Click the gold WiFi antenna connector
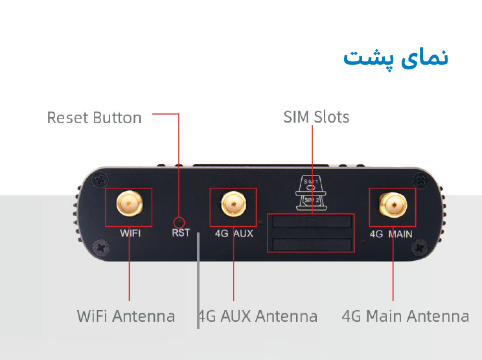tap(130, 203)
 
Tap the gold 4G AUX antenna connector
tap(234, 204)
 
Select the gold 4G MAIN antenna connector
tap(393, 205)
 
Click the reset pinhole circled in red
tap(179, 222)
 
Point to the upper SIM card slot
tap(312, 221)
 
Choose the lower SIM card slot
tap(312, 245)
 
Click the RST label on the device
tap(181, 233)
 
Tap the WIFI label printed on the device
tap(130, 233)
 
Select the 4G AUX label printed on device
tap(234, 234)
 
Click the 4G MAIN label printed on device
tap(391, 234)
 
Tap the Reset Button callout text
tap(95, 118)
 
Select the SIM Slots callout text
tap(316, 117)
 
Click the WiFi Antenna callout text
tap(126, 316)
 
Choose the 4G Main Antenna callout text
tap(406, 316)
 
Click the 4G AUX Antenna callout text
tap(258, 316)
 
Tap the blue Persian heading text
tap(396, 58)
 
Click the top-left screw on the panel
tap(100, 180)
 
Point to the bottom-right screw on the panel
tap(419, 247)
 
